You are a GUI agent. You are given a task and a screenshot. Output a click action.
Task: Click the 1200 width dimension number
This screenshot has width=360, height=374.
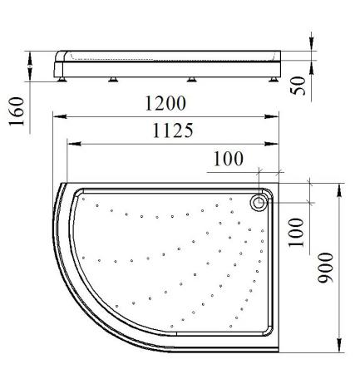coord(165,103)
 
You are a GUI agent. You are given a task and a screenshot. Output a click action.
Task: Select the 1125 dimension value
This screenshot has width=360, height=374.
coord(173,130)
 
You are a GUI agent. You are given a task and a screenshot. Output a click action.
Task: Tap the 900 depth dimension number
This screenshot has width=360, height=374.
coord(325,268)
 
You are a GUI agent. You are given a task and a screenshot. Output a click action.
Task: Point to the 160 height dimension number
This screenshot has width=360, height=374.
coord(17,111)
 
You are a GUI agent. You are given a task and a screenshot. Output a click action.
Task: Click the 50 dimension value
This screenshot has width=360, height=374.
coord(298,86)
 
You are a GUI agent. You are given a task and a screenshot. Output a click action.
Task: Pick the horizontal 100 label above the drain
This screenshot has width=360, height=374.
coord(229,159)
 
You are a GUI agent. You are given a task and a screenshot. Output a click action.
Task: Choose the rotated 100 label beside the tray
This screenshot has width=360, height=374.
coord(296,233)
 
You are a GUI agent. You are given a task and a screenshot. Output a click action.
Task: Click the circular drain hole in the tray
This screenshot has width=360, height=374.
coord(259,203)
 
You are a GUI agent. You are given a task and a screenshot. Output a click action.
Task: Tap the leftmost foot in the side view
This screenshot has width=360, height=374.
coord(62,80)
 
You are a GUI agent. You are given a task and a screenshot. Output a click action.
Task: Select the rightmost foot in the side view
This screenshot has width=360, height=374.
coord(274,80)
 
